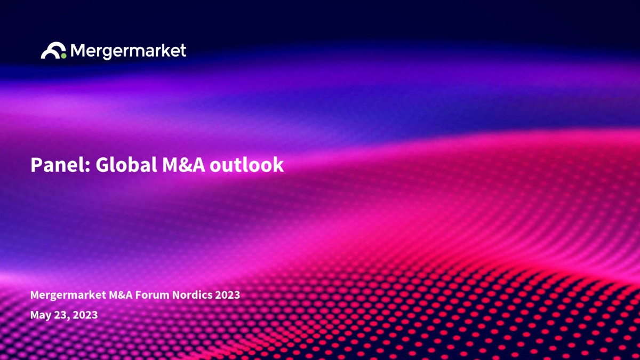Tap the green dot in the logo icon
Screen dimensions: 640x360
point(63,55)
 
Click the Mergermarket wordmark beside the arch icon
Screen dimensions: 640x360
point(129,51)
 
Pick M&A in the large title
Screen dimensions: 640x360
point(183,165)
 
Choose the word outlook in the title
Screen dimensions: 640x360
point(247,165)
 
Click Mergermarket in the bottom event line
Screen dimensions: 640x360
point(68,295)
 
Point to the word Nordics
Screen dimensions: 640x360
point(192,295)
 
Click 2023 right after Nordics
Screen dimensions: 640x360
point(227,295)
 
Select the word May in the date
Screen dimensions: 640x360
point(41,315)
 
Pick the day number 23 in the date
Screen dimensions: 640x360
point(60,315)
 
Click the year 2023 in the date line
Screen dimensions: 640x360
point(85,315)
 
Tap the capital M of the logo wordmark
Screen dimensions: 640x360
point(78,50)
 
